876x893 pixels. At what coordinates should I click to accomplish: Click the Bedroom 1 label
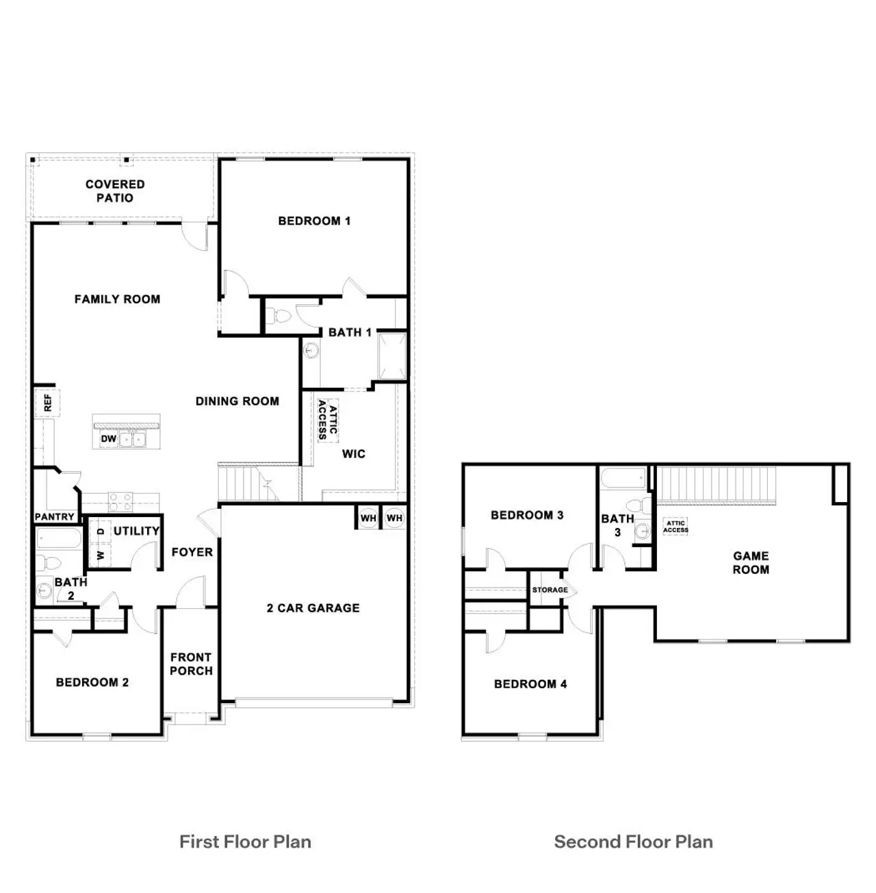point(314,221)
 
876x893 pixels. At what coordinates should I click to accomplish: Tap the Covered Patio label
point(115,191)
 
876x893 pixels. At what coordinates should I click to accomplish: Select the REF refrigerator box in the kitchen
point(47,403)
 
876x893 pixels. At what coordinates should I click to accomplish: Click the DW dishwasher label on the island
point(109,438)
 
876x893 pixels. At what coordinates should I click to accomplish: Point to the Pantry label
point(54,517)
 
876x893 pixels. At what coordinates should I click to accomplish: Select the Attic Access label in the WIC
point(328,420)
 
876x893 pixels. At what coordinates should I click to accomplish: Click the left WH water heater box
point(368,518)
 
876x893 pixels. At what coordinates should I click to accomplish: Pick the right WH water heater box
point(394,518)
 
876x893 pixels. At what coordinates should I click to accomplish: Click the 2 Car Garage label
point(313,607)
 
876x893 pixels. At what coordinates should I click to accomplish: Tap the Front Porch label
point(191,664)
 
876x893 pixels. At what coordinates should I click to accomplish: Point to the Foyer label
point(192,552)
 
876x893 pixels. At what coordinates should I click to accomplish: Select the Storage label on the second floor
point(550,590)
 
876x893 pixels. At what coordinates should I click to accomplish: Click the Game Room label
point(751,562)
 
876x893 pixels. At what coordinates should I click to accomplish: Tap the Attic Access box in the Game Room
point(675,527)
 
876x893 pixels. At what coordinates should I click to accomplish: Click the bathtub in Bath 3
point(623,478)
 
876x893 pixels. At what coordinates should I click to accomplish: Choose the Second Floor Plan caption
point(633,842)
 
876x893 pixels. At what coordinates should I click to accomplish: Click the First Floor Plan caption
point(245,842)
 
